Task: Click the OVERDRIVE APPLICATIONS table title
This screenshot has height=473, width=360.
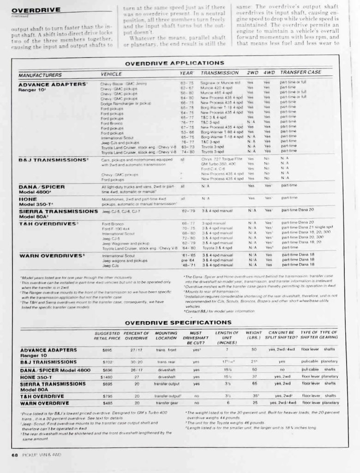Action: point(174,63)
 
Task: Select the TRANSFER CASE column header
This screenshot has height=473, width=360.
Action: point(300,73)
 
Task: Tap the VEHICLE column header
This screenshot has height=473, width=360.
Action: point(111,73)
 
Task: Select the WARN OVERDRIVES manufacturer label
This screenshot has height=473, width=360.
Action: point(52,255)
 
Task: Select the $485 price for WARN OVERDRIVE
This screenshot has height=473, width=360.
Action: point(107,403)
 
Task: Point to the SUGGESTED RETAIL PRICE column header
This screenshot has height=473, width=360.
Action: point(107,335)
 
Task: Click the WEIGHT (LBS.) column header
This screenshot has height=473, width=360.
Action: point(253,335)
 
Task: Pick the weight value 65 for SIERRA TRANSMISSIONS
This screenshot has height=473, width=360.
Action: point(253,383)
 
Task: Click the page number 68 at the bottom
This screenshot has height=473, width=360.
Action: point(14,455)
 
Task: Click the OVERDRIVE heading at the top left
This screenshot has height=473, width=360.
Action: point(36,10)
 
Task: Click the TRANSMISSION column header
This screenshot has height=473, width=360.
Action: point(220,73)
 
